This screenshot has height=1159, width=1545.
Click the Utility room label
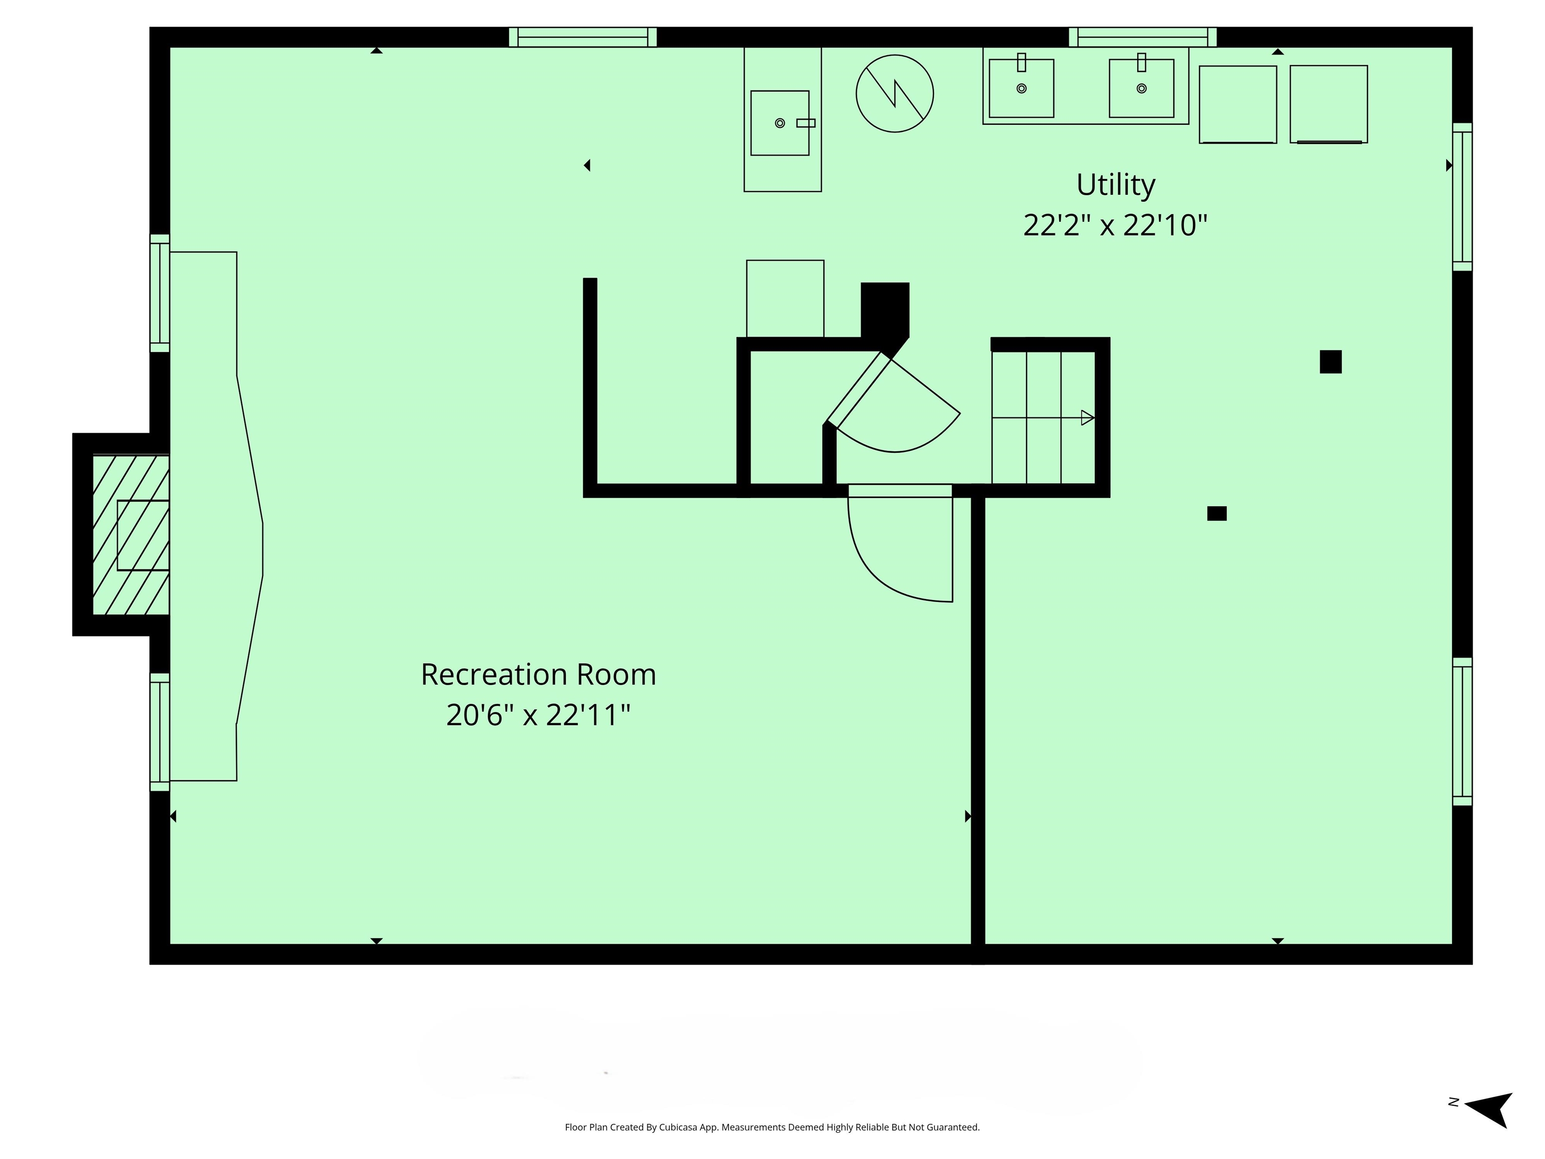point(1115,186)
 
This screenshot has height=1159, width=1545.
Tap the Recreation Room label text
point(539,675)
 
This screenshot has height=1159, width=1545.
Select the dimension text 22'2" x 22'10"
point(1115,225)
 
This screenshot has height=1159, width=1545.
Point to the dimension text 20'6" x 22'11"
point(539,715)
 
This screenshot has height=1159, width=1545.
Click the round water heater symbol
point(895,94)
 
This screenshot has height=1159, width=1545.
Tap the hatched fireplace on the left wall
point(131,535)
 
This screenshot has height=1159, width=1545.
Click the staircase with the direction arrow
point(1044,418)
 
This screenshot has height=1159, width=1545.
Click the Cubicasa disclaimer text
point(772,1127)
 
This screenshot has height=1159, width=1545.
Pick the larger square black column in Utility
point(1331,362)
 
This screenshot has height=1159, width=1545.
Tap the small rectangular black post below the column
point(1217,514)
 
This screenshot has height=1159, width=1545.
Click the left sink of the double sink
point(1021,88)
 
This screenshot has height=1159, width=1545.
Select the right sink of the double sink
point(1141,88)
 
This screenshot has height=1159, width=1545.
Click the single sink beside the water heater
point(780,123)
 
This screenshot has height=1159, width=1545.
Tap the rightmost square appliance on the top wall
point(1328,104)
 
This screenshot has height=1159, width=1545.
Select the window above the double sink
point(1143,37)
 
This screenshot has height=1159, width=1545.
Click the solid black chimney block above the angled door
point(885,311)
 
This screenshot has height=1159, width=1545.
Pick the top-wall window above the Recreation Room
point(582,37)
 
